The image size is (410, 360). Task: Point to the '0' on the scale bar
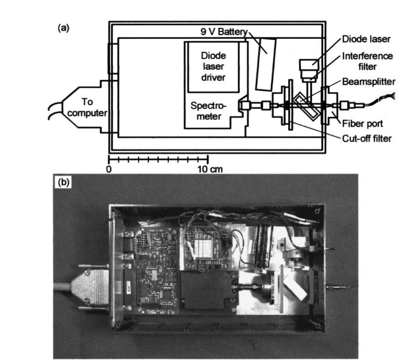point(109,168)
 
